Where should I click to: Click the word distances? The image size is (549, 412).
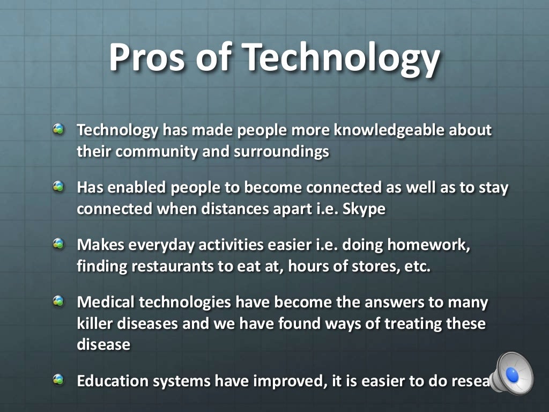pos(230,209)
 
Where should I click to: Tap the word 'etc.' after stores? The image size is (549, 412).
pos(415,266)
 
